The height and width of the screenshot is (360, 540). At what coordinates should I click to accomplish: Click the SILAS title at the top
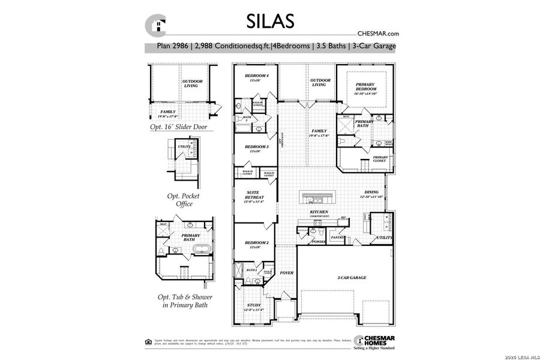point(270,21)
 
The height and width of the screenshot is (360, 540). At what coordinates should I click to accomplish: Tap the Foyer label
point(287,273)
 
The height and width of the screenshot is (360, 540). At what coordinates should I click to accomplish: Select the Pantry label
point(337,237)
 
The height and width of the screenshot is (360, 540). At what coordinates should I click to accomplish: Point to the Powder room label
point(318,242)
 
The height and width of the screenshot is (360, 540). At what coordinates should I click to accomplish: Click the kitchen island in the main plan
point(319,197)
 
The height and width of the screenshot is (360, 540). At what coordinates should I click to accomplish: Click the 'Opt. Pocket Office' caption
point(183,200)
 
